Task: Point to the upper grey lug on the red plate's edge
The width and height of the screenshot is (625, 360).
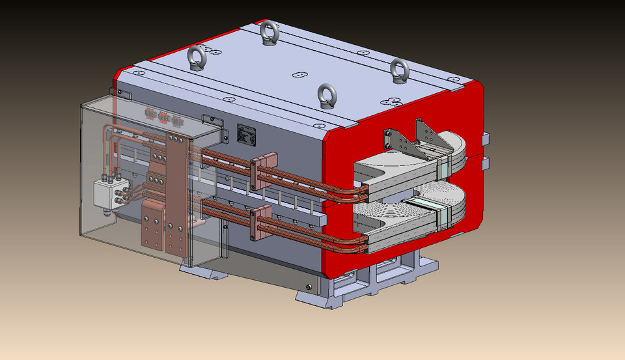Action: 484,139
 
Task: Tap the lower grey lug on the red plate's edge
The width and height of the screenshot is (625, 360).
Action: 484,162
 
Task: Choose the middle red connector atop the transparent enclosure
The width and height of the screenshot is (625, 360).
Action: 163,117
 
